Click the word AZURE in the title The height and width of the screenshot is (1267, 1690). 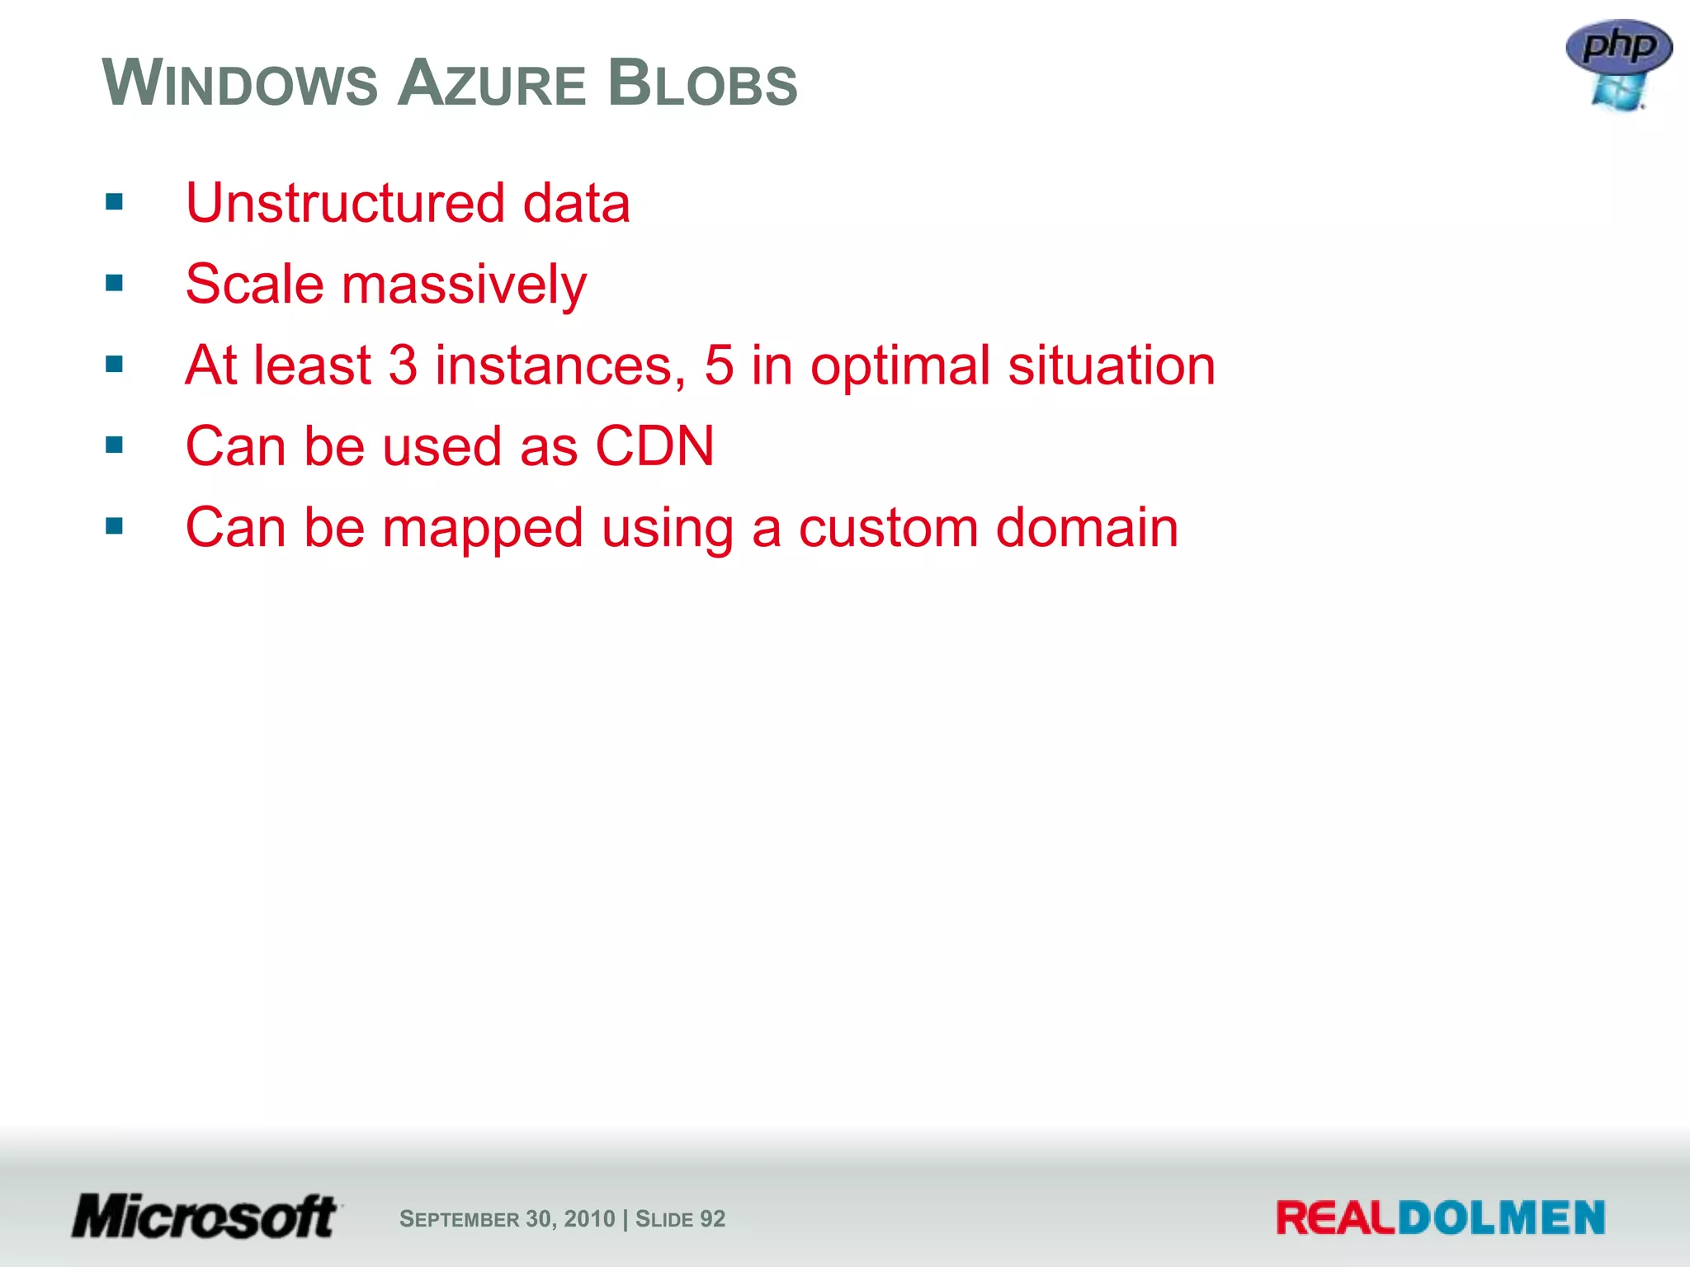click(492, 83)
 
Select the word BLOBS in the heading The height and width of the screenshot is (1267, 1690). click(703, 83)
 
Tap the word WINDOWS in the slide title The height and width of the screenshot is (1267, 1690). click(240, 83)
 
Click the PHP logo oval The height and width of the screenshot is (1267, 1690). click(1618, 45)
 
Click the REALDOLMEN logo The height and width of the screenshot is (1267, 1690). click(1440, 1218)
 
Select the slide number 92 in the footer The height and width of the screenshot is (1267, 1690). click(712, 1218)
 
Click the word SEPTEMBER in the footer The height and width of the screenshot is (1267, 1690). click(459, 1218)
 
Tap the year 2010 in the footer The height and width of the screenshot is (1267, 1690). click(590, 1218)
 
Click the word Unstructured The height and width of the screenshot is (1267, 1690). click(345, 203)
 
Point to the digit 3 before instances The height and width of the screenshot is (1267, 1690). click(402, 365)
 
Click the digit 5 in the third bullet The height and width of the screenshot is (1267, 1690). click(719, 365)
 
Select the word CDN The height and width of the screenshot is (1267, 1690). click(654, 446)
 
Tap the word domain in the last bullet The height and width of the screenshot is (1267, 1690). click(1087, 527)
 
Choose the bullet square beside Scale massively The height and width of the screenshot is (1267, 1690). click(115, 284)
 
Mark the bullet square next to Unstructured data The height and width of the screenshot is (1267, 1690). click(115, 202)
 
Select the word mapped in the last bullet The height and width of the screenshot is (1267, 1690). click(483, 529)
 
